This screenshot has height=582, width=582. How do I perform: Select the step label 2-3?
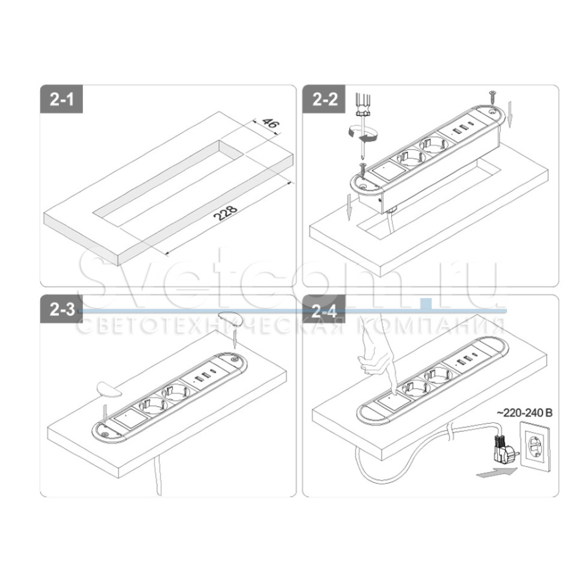62,310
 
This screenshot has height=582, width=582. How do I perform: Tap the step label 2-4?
325,310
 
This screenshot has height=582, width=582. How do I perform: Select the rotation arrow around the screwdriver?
361,133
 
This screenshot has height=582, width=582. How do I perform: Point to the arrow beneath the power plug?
495,476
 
